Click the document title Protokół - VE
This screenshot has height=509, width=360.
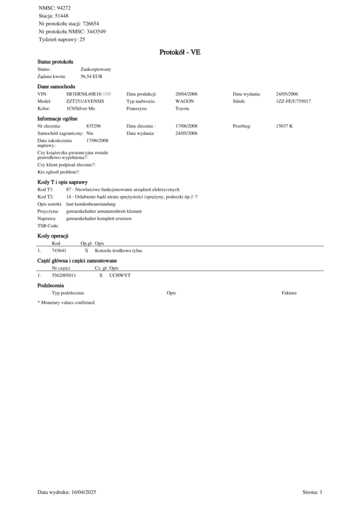click(180, 52)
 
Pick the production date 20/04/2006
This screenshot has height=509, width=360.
click(186, 95)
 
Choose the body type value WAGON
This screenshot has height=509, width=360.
click(185, 102)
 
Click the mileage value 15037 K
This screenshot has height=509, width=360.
click(284, 127)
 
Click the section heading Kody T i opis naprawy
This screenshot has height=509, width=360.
click(63, 181)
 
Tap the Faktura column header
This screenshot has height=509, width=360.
click(289, 293)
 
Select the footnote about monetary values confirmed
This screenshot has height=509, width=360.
click(66, 303)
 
